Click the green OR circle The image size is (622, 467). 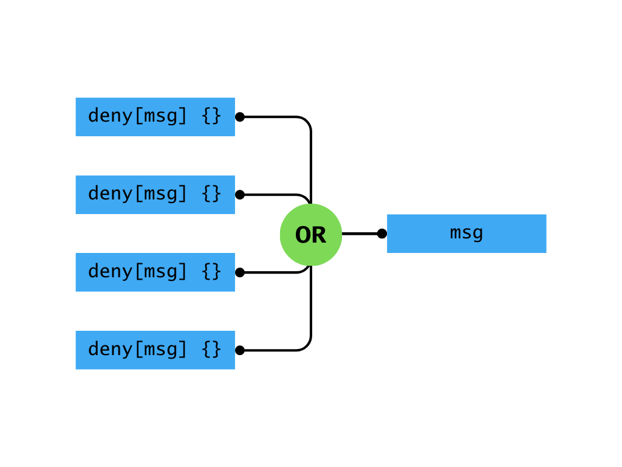pos(311,235)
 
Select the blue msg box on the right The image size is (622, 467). pos(466,233)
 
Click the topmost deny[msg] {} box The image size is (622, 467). pos(155,117)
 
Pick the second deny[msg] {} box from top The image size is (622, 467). pos(155,195)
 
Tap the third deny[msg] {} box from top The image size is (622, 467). pos(155,272)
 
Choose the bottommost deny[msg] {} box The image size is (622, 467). pos(155,350)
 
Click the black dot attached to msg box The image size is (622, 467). pos(381,233)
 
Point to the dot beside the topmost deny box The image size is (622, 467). pos(240,117)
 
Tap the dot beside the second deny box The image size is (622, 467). pos(240,195)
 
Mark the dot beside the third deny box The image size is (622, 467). pos(240,272)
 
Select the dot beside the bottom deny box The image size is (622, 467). pos(240,350)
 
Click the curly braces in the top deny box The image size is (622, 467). pos(211,116)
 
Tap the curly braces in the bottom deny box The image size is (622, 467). pos(211,350)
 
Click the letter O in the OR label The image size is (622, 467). pos(304,235)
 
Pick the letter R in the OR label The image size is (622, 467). pos(318,235)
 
